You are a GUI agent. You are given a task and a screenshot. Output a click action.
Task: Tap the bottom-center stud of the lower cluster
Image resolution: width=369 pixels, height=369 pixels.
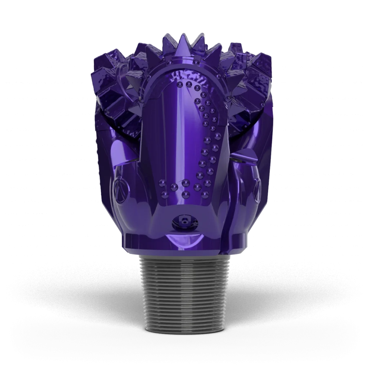click(186, 195)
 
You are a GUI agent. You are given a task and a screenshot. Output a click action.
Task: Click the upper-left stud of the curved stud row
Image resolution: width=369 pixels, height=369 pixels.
click(179, 85)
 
